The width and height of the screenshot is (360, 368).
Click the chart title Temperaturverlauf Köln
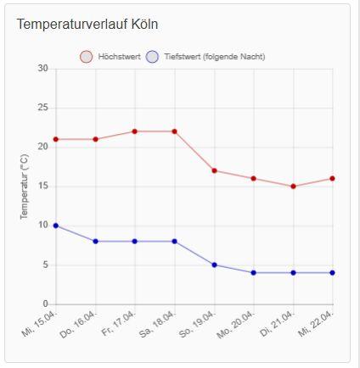tap(87, 24)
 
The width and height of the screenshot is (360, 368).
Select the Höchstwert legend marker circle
tap(87, 57)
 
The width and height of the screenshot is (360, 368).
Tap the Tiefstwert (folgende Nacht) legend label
tap(215, 57)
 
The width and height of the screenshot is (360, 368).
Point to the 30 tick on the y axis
tap(42, 69)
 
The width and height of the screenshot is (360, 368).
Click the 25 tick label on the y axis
tap(42, 108)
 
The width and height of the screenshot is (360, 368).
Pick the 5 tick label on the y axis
tap(46, 265)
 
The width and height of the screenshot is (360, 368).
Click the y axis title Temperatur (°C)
tap(25, 187)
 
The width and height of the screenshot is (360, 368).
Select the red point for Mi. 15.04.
tap(56, 139)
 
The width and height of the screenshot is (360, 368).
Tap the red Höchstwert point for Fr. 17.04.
tap(135, 131)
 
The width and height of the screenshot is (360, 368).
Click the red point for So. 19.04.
tap(214, 170)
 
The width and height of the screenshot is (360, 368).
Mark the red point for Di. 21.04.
tap(293, 187)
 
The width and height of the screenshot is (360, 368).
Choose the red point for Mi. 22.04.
tap(332, 179)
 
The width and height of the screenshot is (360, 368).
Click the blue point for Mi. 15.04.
tap(56, 226)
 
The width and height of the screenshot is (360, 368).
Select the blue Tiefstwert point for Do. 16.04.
tap(95, 242)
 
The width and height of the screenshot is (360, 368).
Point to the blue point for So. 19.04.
tap(214, 265)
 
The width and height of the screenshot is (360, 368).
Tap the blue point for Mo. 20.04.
tap(254, 273)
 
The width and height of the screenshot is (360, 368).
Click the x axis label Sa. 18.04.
tap(158, 324)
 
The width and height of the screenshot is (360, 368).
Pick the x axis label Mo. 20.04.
tap(237, 325)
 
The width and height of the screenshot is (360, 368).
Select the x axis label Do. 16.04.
tap(79, 324)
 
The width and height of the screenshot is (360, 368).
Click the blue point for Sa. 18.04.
tap(174, 242)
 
